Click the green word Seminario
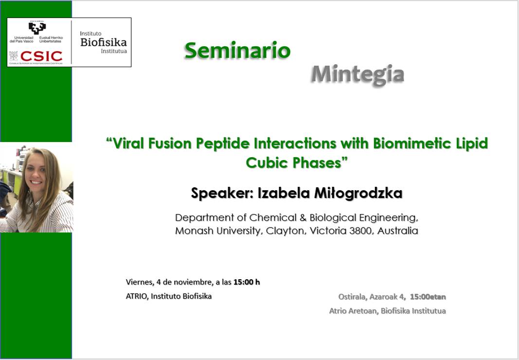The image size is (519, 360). tap(237, 51)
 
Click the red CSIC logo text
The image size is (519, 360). tap(41, 56)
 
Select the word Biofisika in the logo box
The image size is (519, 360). tap(104, 42)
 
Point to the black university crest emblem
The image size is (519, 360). tap(37, 28)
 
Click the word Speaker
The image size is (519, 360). tap(222, 194)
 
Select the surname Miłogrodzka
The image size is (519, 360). tap(358, 193)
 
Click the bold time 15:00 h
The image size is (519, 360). tap(247, 282)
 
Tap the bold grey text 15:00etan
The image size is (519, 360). tap(428, 297)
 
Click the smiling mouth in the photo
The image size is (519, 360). tap(36, 182)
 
